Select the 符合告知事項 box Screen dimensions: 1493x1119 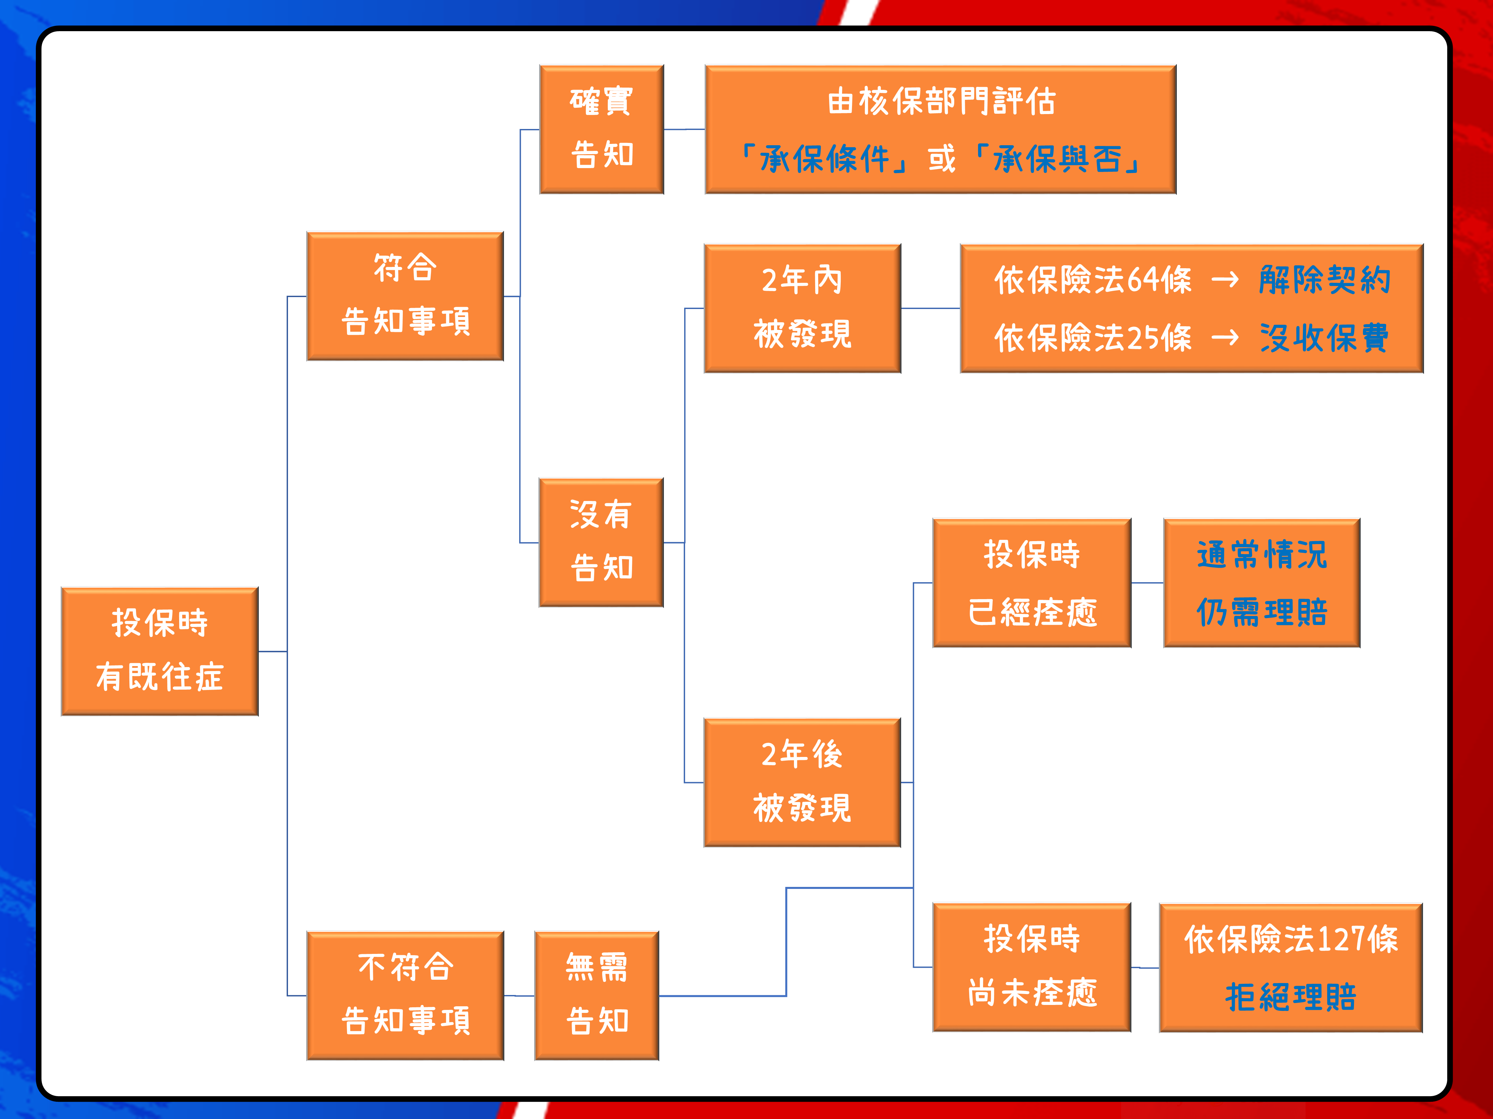(405, 296)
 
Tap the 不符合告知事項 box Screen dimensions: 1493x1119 (405, 996)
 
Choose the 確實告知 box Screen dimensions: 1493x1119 (602, 130)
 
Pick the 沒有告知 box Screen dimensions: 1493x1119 (602, 542)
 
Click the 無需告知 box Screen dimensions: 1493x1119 (597, 996)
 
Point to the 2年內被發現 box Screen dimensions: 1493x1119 (803, 308)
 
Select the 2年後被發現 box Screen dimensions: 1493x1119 (803, 782)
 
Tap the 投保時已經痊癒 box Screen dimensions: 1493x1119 (1032, 583)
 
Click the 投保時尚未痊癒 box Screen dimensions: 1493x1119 (1032, 967)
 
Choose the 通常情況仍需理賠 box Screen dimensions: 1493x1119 (1261, 583)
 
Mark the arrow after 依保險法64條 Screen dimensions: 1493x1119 (1225, 279)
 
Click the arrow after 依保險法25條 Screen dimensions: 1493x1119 (1225, 337)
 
